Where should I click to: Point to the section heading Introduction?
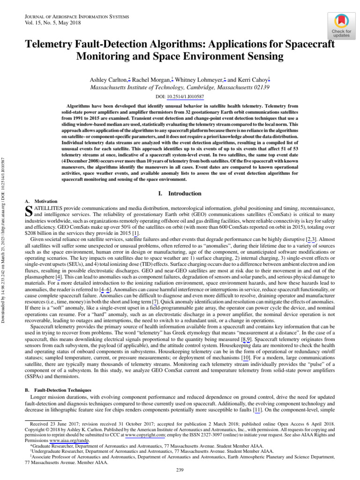point(185,194)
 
